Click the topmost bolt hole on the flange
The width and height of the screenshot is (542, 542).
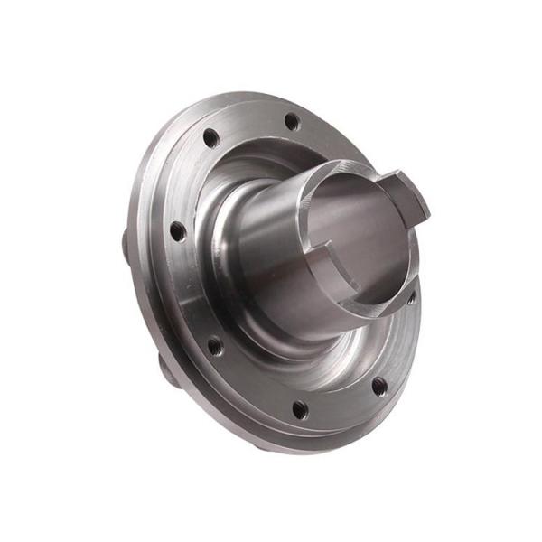coord(291,120)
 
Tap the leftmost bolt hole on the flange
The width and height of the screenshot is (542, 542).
coord(178,231)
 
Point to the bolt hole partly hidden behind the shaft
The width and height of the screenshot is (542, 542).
coord(411,295)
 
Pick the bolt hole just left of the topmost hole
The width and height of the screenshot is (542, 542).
coord(210,138)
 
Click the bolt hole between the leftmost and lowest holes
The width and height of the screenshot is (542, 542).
coord(215,345)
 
